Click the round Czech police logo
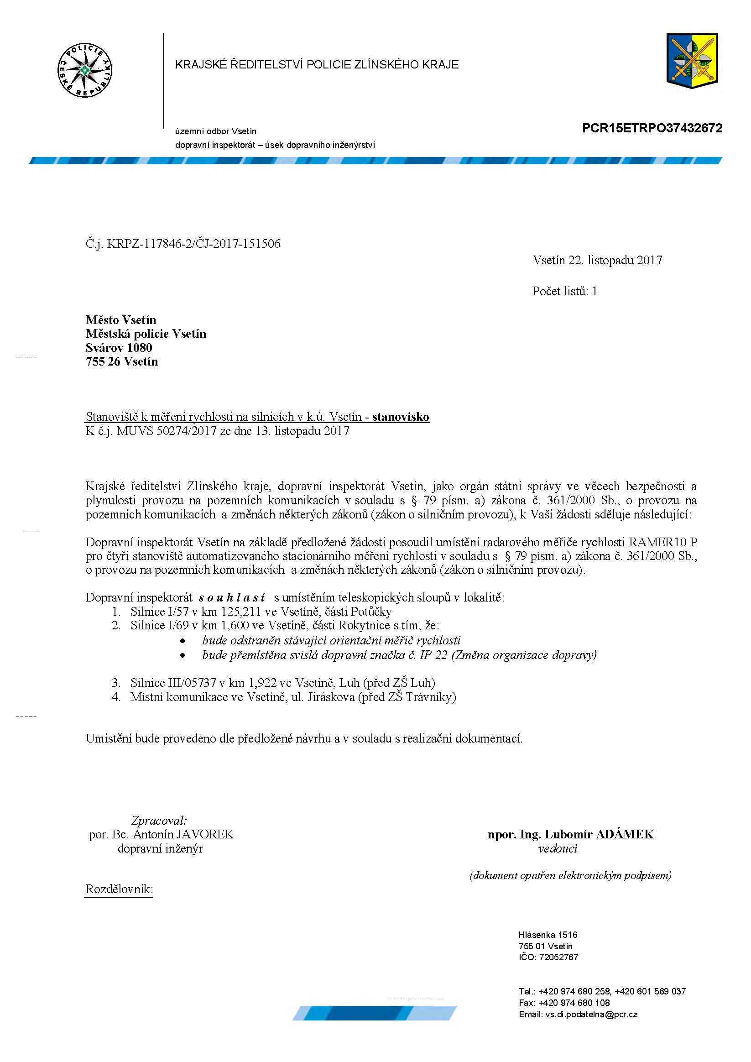pyautogui.click(x=84, y=71)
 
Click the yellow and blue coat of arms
pyautogui.click(x=692, y=59)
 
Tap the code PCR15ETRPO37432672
pyautogui.click(x=652, y=128)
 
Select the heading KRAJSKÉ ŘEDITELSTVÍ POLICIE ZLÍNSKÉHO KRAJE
pyautogui.click(x=317, y=65)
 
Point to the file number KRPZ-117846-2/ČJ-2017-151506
pyautogui.click(x=193, y=244)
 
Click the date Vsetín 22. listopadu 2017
pyautogui.click(x=597, y=260)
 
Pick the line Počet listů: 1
pyautogui.click(x=564, y=291)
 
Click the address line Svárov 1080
pyautogui.click(x=119, y=348)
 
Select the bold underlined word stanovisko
pyautogui.click(x=401, y=417)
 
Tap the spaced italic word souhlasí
pyautogui.click(x=232, y=597)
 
